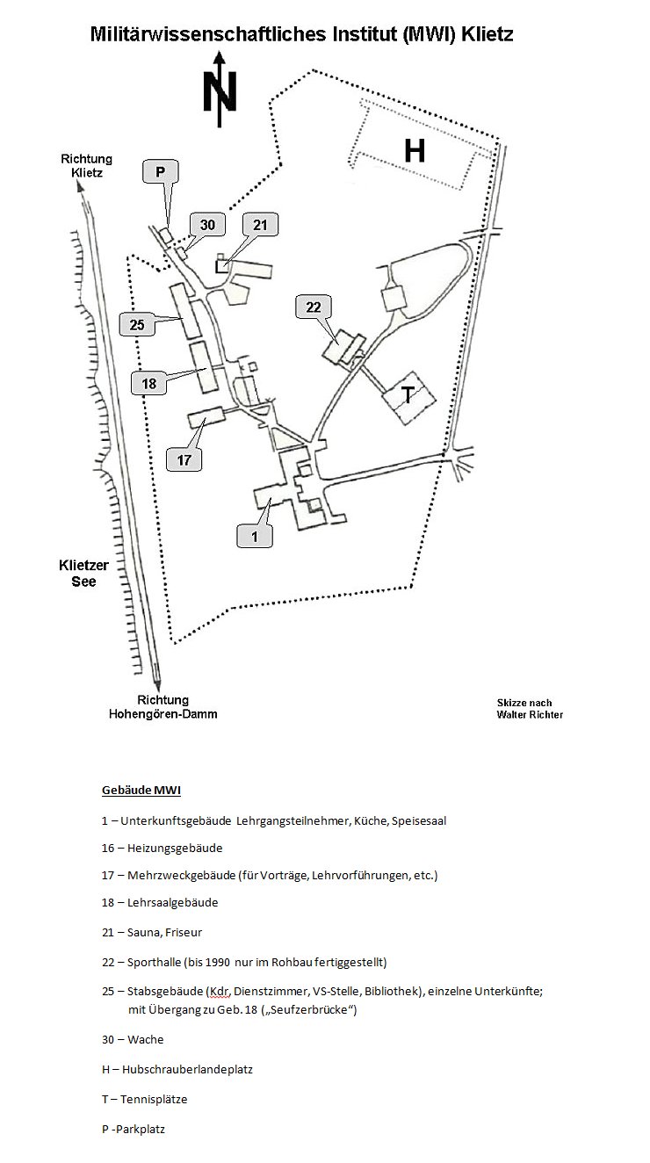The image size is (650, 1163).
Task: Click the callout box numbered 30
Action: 207,225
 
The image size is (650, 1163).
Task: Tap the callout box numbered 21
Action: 260,225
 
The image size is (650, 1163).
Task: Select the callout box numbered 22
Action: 314,307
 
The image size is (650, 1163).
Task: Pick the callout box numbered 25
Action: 137,324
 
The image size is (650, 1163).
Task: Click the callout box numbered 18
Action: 149,383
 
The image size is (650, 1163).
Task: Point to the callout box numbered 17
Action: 184,459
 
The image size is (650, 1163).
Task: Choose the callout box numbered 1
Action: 255,536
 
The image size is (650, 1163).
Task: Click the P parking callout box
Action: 161,172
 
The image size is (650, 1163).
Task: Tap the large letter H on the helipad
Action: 415,151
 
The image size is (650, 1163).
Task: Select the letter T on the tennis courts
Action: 408,395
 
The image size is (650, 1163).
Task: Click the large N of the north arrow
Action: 220,92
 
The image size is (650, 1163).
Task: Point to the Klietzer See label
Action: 83,574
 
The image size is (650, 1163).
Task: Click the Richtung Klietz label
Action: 87,166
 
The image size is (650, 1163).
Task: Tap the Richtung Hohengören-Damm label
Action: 163,706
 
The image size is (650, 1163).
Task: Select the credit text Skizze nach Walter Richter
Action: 530,709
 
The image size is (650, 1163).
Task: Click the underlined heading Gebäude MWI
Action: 141,791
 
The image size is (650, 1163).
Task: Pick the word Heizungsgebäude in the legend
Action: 175,848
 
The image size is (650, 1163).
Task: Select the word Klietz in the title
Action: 487,34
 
